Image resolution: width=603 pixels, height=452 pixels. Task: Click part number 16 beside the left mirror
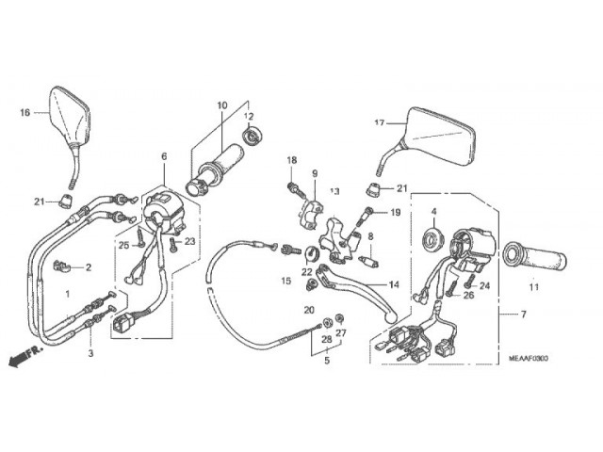tap(26, 112)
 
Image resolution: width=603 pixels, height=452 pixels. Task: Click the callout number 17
tap(380, 123)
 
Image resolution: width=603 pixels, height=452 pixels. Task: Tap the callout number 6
tap(163, 156)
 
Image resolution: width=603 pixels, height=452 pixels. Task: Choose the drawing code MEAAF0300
tap(529, 358)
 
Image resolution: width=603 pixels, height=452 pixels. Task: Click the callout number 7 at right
tap(524, 314)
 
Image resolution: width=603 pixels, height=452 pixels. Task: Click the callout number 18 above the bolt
tap(291, 160)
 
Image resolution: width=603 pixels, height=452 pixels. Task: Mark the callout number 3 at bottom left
tap(91, 353)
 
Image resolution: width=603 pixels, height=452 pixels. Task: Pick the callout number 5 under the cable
tap(326, 359)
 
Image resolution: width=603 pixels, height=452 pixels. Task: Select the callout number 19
tap(396, 212)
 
